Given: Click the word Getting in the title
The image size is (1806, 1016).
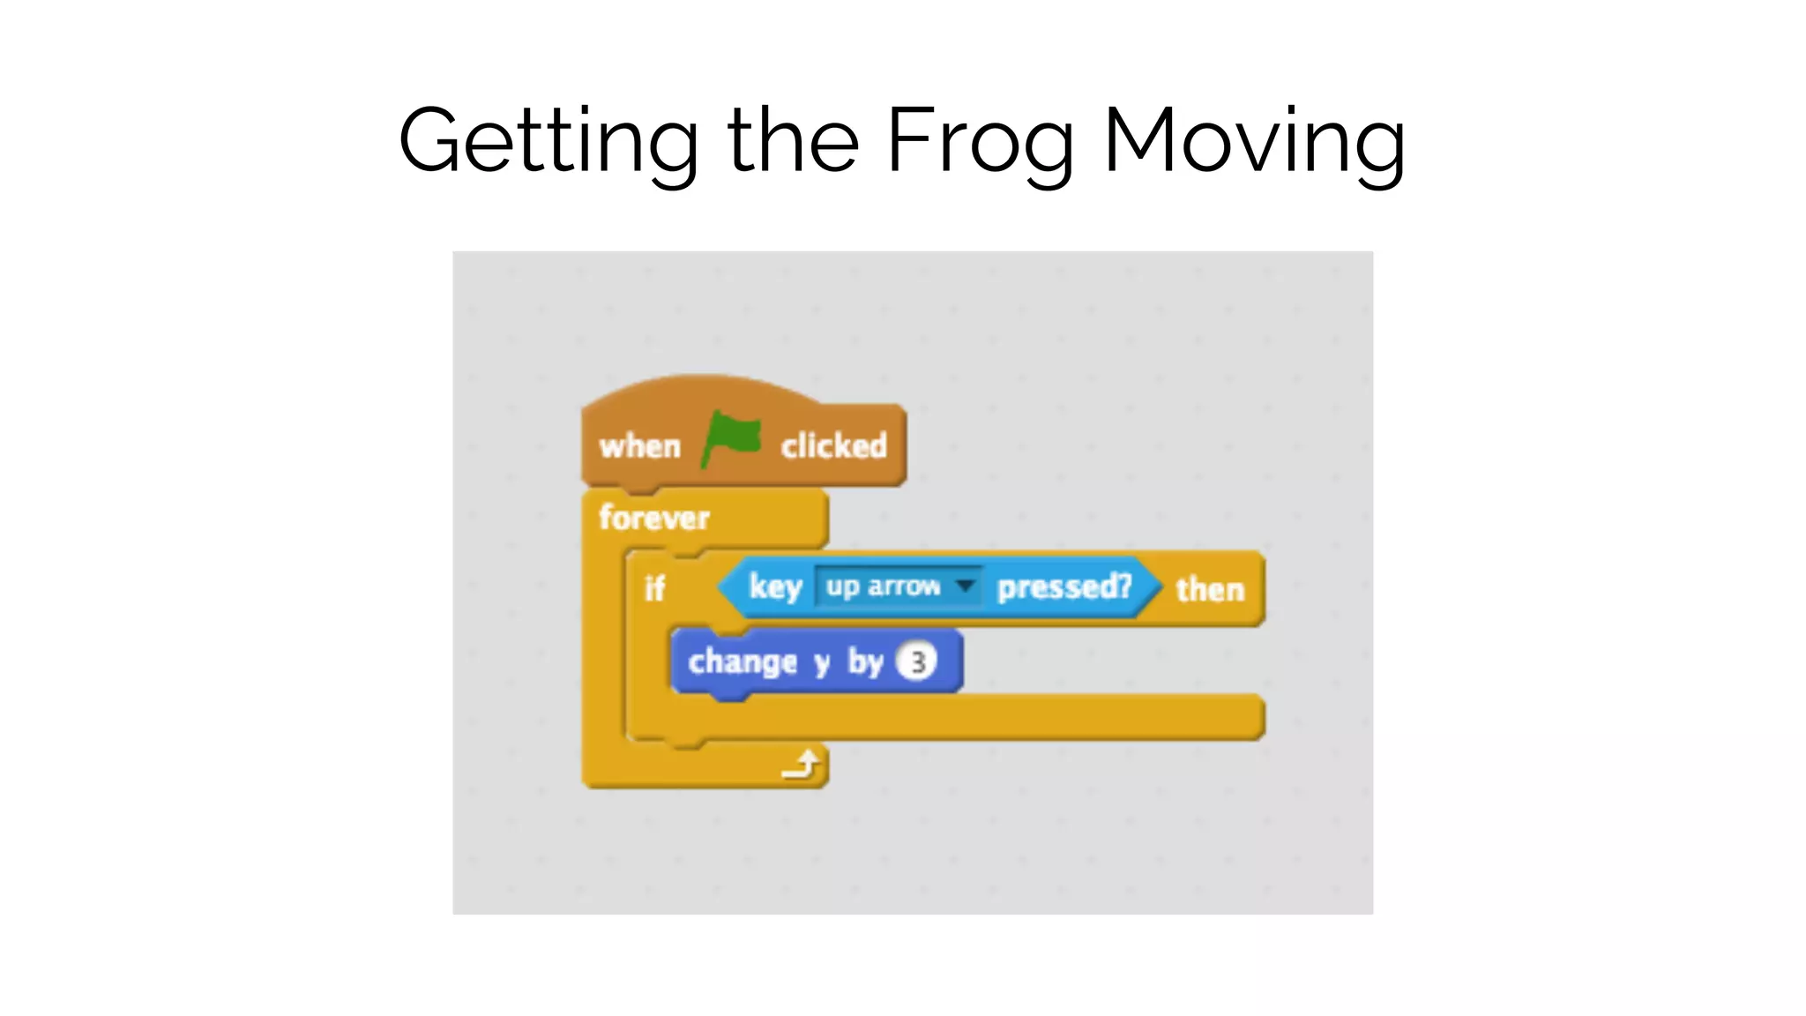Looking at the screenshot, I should point(548,141).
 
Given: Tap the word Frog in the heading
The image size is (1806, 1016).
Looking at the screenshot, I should point(979,141).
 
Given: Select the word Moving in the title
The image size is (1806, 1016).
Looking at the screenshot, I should point(1254,141).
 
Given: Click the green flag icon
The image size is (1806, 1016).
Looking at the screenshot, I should point(731,437).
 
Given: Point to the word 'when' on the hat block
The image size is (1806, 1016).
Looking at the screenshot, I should point(640,446).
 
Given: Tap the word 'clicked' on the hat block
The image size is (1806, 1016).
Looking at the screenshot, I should point(833,446).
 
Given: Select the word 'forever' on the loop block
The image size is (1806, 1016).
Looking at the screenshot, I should point(653,518).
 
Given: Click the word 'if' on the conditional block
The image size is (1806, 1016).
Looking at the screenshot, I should point(653,588).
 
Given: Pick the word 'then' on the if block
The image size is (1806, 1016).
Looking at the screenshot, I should point(1210,589).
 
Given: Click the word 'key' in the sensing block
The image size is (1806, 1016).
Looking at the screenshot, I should point(775,586).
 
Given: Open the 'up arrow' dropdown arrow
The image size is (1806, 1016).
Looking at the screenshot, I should point(966,586).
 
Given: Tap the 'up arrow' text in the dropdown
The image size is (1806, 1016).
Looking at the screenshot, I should point(883,586).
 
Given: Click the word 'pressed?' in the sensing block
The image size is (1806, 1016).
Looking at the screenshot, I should point(1064,586).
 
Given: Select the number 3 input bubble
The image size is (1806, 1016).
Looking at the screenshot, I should point(917,661).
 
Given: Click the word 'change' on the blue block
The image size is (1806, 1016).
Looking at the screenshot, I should point(743,661).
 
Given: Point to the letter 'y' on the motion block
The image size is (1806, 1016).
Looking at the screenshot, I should point(822,662).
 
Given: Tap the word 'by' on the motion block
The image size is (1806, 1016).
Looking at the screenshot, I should point(865,661).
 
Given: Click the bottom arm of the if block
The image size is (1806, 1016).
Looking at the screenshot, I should point(970,717).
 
